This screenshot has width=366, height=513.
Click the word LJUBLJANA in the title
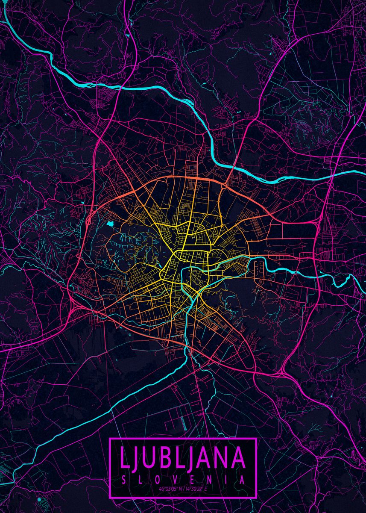[183, 457]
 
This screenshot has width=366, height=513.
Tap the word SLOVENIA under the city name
[183, 480]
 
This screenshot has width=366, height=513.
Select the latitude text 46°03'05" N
[171, 489]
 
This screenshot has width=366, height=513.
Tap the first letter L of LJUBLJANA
[124, 457]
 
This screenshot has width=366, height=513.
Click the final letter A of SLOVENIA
[242, 480]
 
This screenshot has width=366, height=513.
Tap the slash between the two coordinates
[183, 489]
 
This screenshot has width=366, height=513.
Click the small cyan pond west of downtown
[111, 223]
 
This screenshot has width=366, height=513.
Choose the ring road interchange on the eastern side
[318, 222]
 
